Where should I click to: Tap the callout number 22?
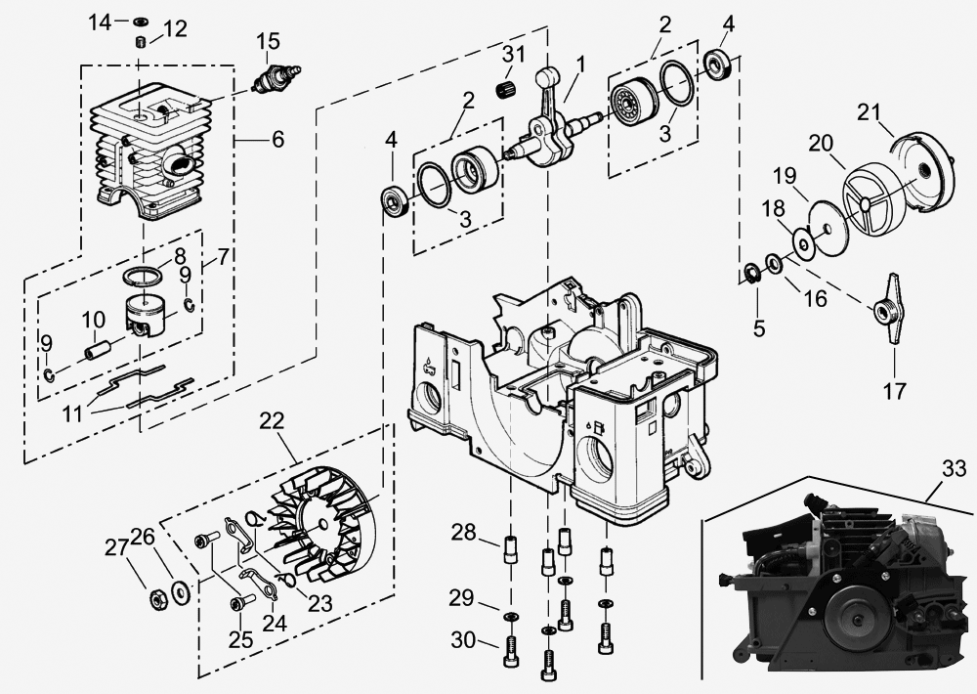pyautogui.click(x=273, y=421)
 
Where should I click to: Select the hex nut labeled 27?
pyautogui.click(x=154, y=599)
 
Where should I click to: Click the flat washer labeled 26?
pyautogui.click(x=179, y=589)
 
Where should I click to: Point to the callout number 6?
pyautogui.click(x=277, y=140)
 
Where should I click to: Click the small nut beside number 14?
pyautogui.click(x=140, y=22)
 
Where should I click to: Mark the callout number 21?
pyautogui.click(x=869, y=112)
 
